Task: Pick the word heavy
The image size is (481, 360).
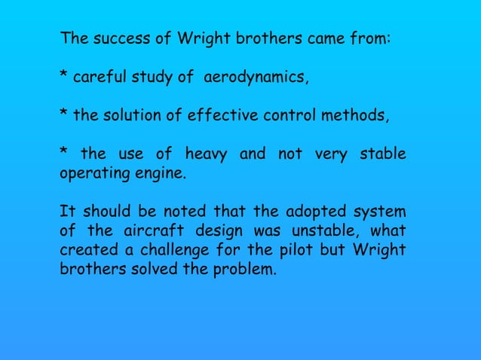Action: [205, 155]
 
